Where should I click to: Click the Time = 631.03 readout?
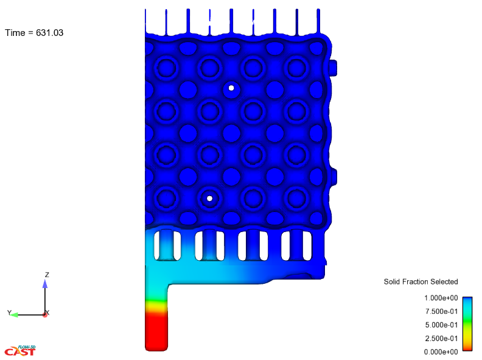[x=34, y=33]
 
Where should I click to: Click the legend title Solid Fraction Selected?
[x=421, y=281]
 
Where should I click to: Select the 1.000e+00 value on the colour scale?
[x=441, y=298]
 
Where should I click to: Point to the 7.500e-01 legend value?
[x=441, y=311]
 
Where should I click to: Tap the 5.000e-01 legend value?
[x=441, y=325]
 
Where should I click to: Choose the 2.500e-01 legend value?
[x=441, y=339]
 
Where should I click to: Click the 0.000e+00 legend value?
[x=441, y=351]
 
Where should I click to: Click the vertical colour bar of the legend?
[x=467, y=323]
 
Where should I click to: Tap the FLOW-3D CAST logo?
[x=20, y=350]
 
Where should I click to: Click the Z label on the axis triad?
[x=47, y=275]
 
